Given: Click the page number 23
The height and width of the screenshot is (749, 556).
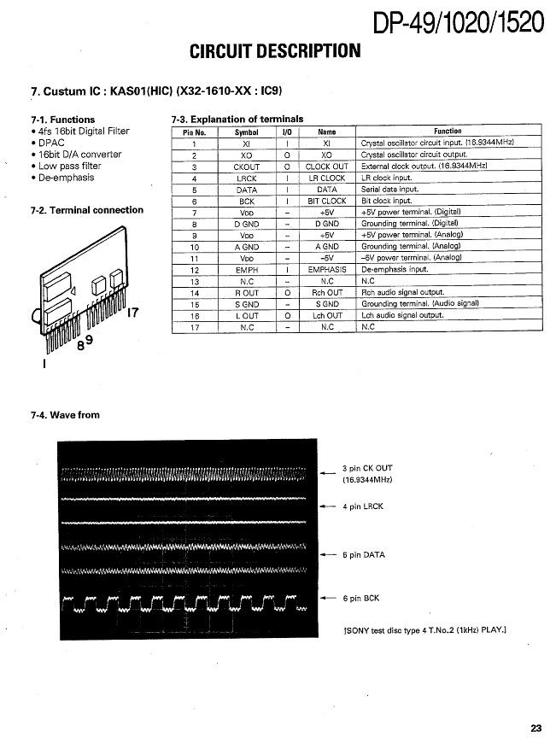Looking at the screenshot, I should (536, 728).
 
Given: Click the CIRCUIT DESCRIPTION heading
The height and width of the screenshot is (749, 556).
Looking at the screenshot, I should (275, 51).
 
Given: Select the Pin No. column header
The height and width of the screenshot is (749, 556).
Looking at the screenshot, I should (195, 132).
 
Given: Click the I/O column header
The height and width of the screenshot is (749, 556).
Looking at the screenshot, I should (287, 132).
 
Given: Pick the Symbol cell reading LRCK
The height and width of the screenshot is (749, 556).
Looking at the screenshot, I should (246, 178).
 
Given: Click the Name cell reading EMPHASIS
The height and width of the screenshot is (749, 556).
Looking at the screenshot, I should (327, 269).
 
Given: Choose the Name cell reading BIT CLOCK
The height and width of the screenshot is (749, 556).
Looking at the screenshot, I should (327, 202).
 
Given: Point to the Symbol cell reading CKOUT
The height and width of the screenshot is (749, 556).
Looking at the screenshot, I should (246, 167).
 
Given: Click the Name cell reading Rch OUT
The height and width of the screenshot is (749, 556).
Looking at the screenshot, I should (327, 292).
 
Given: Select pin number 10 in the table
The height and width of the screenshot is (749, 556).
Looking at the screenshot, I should (195, 247).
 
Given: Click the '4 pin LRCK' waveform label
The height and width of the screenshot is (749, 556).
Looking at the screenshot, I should (363, 506).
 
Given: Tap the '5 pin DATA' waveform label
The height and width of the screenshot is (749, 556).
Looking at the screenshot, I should (364, 555).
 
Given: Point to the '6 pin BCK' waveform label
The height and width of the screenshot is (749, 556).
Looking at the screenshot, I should (361, 599).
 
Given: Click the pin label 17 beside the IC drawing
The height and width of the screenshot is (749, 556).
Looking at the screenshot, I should (132, 313).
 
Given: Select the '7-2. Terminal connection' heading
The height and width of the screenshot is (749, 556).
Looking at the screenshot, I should (86, 210).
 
